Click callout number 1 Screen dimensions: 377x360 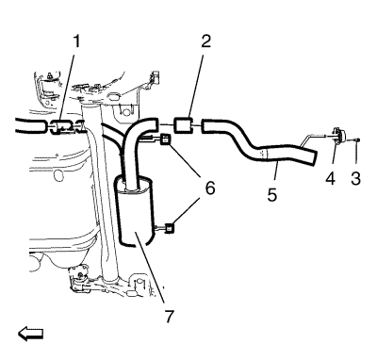[76, 41]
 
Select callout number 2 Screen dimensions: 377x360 [206, 41]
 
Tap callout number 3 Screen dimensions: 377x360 [355, 178]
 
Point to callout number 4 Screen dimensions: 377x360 [331, 178]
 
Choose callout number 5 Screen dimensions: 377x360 [272, 194]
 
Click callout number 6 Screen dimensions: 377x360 [210, 188]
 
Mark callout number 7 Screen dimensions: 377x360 [169, 316]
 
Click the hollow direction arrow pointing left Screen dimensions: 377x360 [30, 334]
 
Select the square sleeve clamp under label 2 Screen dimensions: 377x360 [183, 125]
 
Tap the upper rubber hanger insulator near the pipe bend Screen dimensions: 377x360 [165, 139]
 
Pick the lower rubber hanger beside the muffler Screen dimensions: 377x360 [170, 228]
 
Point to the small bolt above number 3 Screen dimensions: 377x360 [357, 139]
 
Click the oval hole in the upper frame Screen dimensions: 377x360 [113, 95]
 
